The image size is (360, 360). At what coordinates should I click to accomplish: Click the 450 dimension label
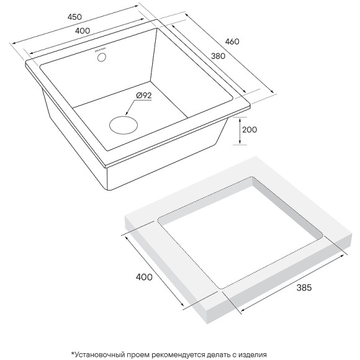[x=74, y=17]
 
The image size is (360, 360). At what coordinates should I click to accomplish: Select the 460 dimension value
[x=232, y=42]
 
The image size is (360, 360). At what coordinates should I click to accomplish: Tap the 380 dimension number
[x=218, y=56]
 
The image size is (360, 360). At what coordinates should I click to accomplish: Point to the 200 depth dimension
[x=250, y=130]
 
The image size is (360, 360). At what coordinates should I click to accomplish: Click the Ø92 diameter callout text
[x=144, y=96]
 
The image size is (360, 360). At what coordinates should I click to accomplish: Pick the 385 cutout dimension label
[x=304, y=287]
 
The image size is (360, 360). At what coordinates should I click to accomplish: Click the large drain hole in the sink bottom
[x=124, y=125]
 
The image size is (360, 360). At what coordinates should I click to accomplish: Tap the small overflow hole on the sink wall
[x=102, y=57]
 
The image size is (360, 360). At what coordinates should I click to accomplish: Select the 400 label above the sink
[x=83, y=31]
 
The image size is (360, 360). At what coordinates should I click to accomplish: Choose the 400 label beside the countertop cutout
[x=144, y=277]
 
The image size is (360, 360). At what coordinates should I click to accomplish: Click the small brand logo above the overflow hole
[x=101, y=50]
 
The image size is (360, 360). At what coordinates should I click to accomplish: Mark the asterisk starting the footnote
[x=73, y=353]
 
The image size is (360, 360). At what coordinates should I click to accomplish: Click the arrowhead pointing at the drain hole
[x=127, y=113]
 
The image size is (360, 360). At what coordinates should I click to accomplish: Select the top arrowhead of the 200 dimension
[x=240, y=119]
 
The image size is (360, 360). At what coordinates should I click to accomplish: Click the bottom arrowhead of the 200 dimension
[x=240, y=143]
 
